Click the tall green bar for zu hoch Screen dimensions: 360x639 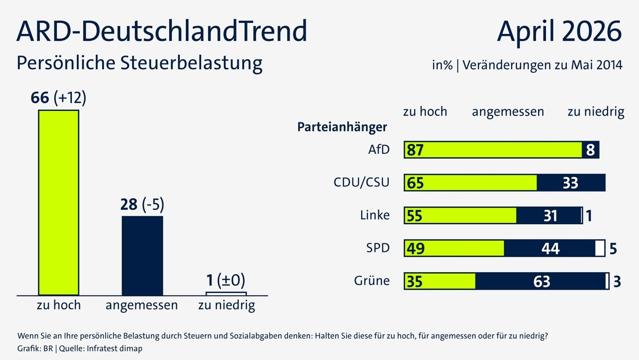pyautogui.click(x=59, y=202)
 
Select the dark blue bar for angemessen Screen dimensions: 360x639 pyautogui.click(x=142, y=256)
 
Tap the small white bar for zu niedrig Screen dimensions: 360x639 pyautogui.click(x=226, y=293)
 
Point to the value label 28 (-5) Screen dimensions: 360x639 pyautogui.click(x=143, y=205)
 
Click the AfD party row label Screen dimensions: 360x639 pyautogui.click(x=379, y=150)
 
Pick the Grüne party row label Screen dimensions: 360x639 pyautogui.click(x=372, y=281)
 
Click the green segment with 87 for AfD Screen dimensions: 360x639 pyautogui.click(x=493, y=150)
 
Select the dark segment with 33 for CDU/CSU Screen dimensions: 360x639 pyautogui.click(x=571, y=183)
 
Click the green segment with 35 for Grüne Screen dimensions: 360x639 pyautogui.click(x=440, y=281)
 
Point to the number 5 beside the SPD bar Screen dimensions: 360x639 pyautogui.click(x=613, y=249)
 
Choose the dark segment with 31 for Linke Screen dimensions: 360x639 pyautogui.click(x=548, y=216)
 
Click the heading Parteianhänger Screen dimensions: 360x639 pyautogui.click(x=342, y=128)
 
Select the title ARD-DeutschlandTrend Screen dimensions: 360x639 pyautogui.click(x=162, y=31)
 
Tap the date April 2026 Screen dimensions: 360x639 pyautogui.click(x=559, y=32)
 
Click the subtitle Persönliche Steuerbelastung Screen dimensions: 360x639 pyautogui.click(x=140, y=63)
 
